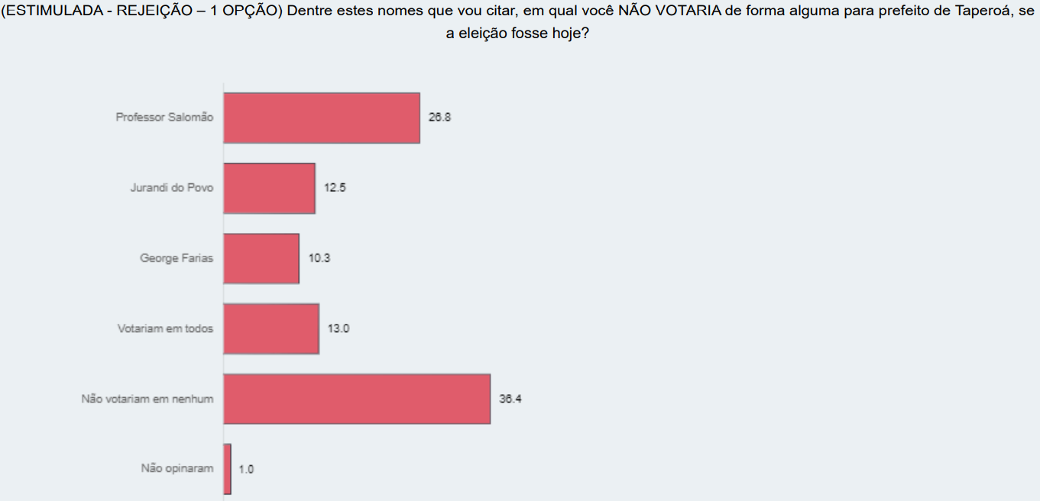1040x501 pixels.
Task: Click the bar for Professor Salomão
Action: (322, 118)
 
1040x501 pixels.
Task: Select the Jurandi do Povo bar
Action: (270, 188)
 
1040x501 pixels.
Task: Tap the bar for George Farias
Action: (261, 258)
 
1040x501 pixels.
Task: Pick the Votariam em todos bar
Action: (271, 328)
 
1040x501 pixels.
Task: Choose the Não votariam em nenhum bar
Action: (357, 399)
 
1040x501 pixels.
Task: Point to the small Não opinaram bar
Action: (228, 468)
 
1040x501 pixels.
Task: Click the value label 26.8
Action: (439, 118)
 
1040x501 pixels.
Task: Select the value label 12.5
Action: (335, 188)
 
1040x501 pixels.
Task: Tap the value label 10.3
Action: (319, 258)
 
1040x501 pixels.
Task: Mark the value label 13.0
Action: (339, 328)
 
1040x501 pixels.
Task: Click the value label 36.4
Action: (510, 399)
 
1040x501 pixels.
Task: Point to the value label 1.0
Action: (246, 469)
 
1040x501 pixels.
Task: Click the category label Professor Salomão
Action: (164, 118)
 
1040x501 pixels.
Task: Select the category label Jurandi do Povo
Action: (172, 188)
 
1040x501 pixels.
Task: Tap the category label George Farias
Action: (177, 258)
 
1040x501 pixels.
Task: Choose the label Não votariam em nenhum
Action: (147, 399)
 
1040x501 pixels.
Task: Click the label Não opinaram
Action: (177, 468)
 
